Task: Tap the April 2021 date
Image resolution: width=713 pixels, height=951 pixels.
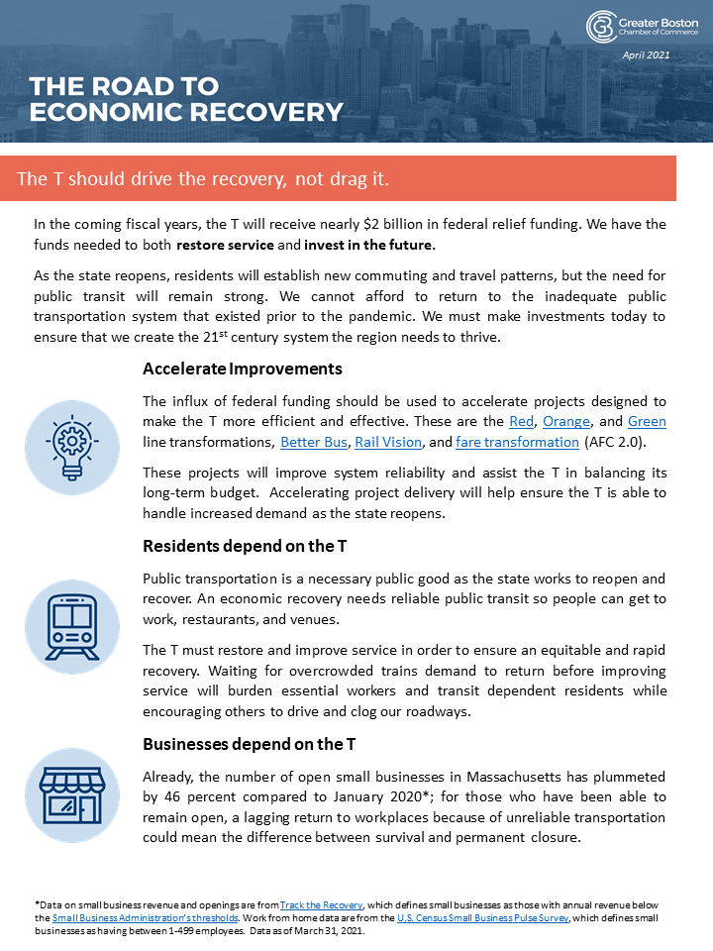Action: [x=646, y=55]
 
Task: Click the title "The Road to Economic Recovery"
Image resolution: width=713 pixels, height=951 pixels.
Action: [x=186, y=99]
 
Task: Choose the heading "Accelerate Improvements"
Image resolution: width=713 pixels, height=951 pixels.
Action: [x=243, y=369]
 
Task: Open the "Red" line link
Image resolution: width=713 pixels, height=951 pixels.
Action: [x=521, y=421]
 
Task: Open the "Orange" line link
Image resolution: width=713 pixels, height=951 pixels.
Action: [x=566, y=421]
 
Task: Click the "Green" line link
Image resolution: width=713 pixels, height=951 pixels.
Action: [x=647, y=421]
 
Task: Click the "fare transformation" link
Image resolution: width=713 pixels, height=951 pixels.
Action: [x=517, y=442]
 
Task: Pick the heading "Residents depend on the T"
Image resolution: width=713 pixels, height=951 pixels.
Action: [x=244, y=546]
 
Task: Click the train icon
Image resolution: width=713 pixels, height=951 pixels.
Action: [x=72, y=626]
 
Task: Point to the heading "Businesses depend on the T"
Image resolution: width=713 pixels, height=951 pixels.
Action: [x=249, y=744]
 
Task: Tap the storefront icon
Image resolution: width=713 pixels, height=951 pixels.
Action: [x=72, y=793]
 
